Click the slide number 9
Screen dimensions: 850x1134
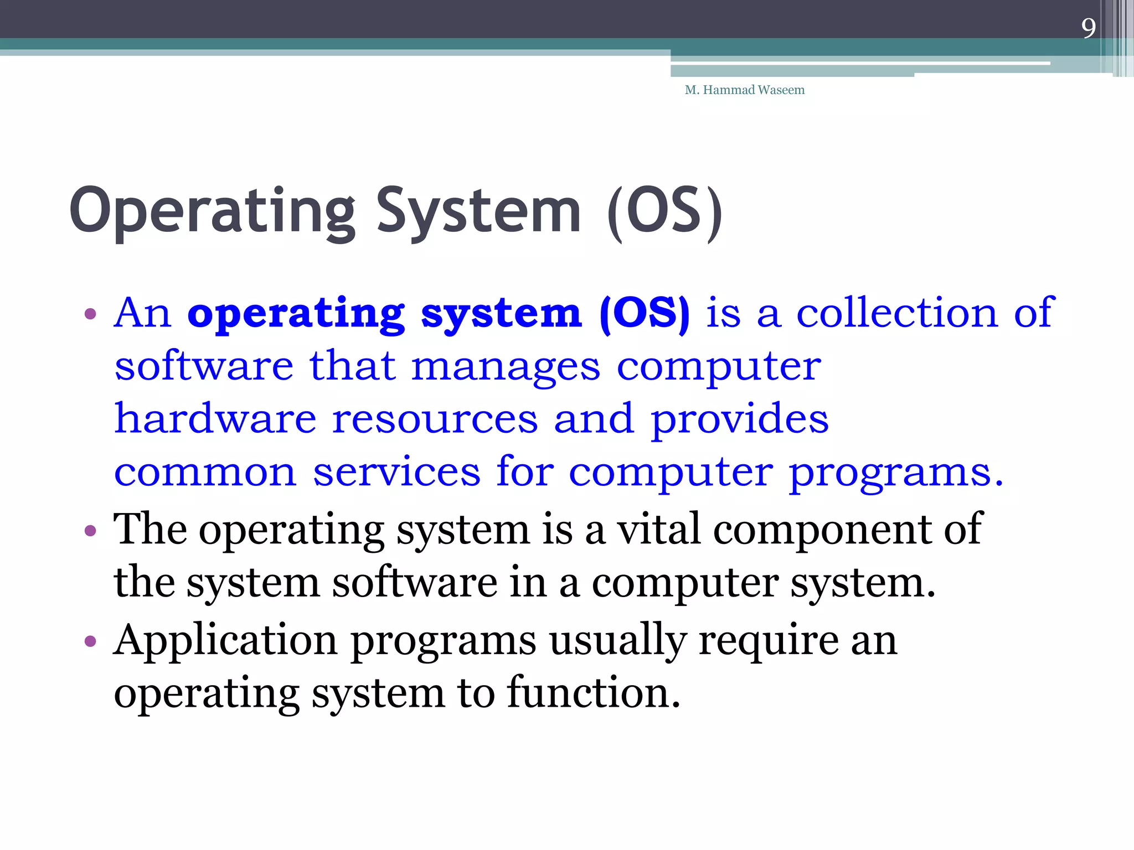point(1088,28)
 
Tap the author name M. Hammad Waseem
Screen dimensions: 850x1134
point(744,90)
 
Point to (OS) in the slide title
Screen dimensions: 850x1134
point(664,212)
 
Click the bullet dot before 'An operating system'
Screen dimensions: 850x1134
point(90,314)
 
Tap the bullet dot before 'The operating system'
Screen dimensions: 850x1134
point(90,531)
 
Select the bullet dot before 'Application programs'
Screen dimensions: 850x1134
point(90,641)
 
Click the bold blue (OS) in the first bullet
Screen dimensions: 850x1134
point(645,313)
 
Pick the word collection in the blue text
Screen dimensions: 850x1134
point(897,313)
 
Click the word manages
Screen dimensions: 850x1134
point(506,367)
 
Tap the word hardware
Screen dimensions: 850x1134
point(215,419)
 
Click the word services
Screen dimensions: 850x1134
point(396,472)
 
